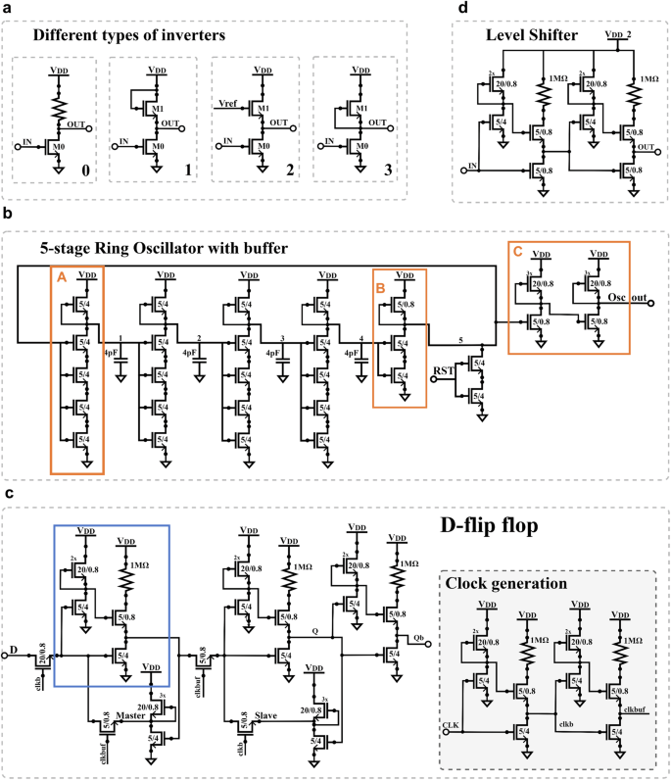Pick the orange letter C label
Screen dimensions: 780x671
[517, 251]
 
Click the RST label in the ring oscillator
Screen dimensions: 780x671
[444, 372]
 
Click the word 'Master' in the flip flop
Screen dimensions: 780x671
[129, 715]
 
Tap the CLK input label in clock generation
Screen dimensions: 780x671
[452, 724]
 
